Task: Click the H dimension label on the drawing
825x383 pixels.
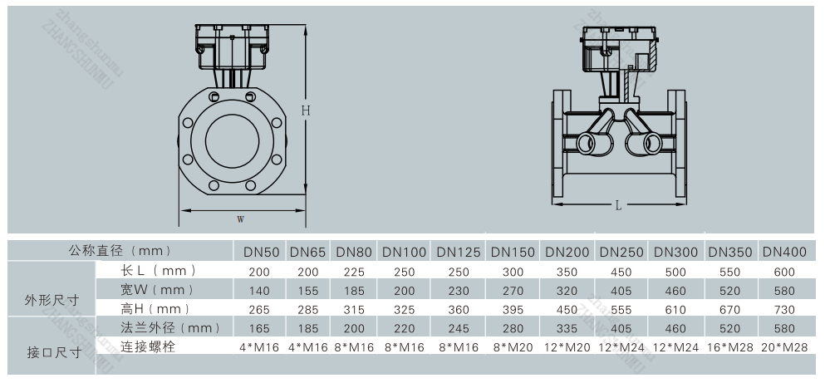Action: (306, 111)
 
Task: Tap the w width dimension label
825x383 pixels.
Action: (241, 219)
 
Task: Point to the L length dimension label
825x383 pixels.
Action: (618, 206)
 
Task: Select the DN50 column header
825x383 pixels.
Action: (261, 252)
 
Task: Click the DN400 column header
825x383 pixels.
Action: (784, 252)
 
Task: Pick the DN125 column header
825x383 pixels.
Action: (459, 252)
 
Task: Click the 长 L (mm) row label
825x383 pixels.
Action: (158, 270)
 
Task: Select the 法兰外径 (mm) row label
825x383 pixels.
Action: (170, 328)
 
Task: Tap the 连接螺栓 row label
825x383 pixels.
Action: (148, 346)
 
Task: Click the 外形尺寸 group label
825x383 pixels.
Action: (52, 300)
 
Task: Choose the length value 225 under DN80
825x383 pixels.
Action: (354, 272)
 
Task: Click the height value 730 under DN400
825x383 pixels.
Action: (784, 310)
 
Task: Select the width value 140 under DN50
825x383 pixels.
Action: (259, 291)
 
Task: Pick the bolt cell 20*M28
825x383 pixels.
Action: (784, 347)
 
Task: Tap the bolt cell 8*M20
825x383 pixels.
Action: (513, 347)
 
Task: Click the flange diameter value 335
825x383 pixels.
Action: (567, 329)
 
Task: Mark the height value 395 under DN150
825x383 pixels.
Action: (513, 310)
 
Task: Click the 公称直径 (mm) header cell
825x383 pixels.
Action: (120, 250)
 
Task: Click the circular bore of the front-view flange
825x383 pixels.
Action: (232, 140)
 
